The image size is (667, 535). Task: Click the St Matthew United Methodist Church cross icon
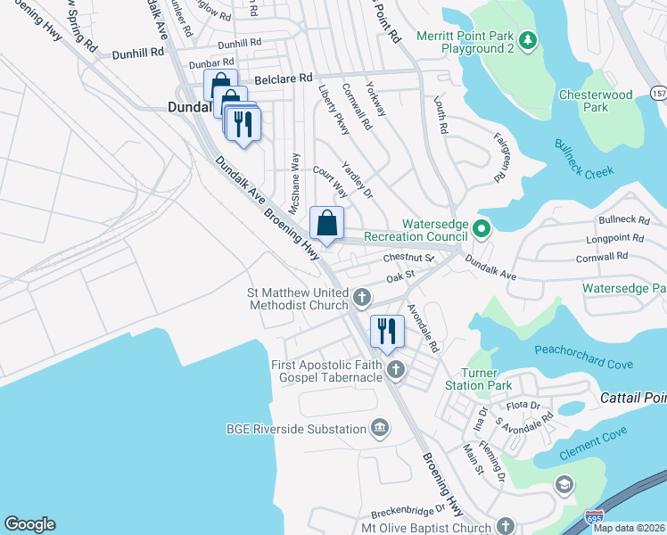pyautogui.click(x=361, y=297)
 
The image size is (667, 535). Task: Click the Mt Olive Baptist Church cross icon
pyautogui.click(x=506, y=526)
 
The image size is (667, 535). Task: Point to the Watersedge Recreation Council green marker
pyautogui.click(x=482, y=229)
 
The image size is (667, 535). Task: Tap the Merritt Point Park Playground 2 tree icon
pyautogui.click(x=528, y=39)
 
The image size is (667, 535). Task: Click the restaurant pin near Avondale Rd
pyautogui.click(x=387, y=331)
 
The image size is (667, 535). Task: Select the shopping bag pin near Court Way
pyautogui.click(x=326, y=223)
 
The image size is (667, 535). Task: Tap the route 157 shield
pyautogui.click(x=658, y=94)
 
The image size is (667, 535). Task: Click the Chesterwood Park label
pyautogui.click(x=596, y=101)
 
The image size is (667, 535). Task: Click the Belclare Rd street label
pyautogui.click(x=284, y=79)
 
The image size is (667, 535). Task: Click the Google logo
pyautogui.click(x=29, y=524)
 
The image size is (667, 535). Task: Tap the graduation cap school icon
pyautogui.click(x=564, y=484)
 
